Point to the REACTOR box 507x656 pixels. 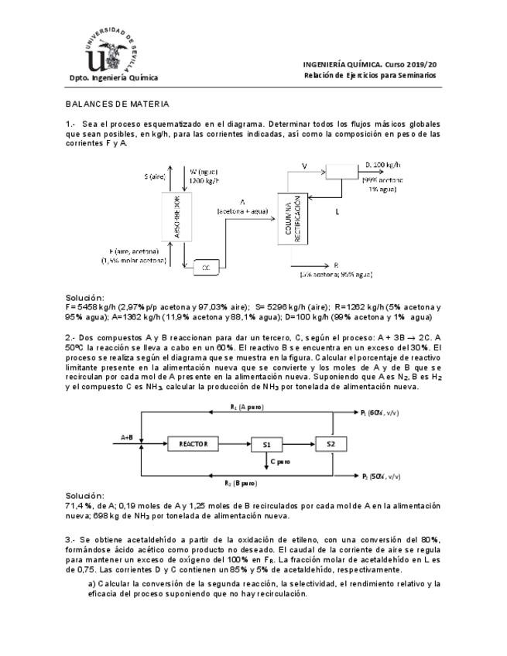click(194, 443)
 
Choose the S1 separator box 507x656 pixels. click(266, 444)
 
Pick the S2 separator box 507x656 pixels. click(331, 443)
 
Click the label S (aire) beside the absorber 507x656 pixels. click(155, 176)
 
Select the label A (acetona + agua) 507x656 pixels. click(243, 206)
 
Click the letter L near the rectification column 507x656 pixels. click(337, 210)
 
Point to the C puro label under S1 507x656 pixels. click(279, 462)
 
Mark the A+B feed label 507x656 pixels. click(127, 437)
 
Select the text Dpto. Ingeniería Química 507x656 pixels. click(113, 77)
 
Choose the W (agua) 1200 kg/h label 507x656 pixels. click(204, 176)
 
